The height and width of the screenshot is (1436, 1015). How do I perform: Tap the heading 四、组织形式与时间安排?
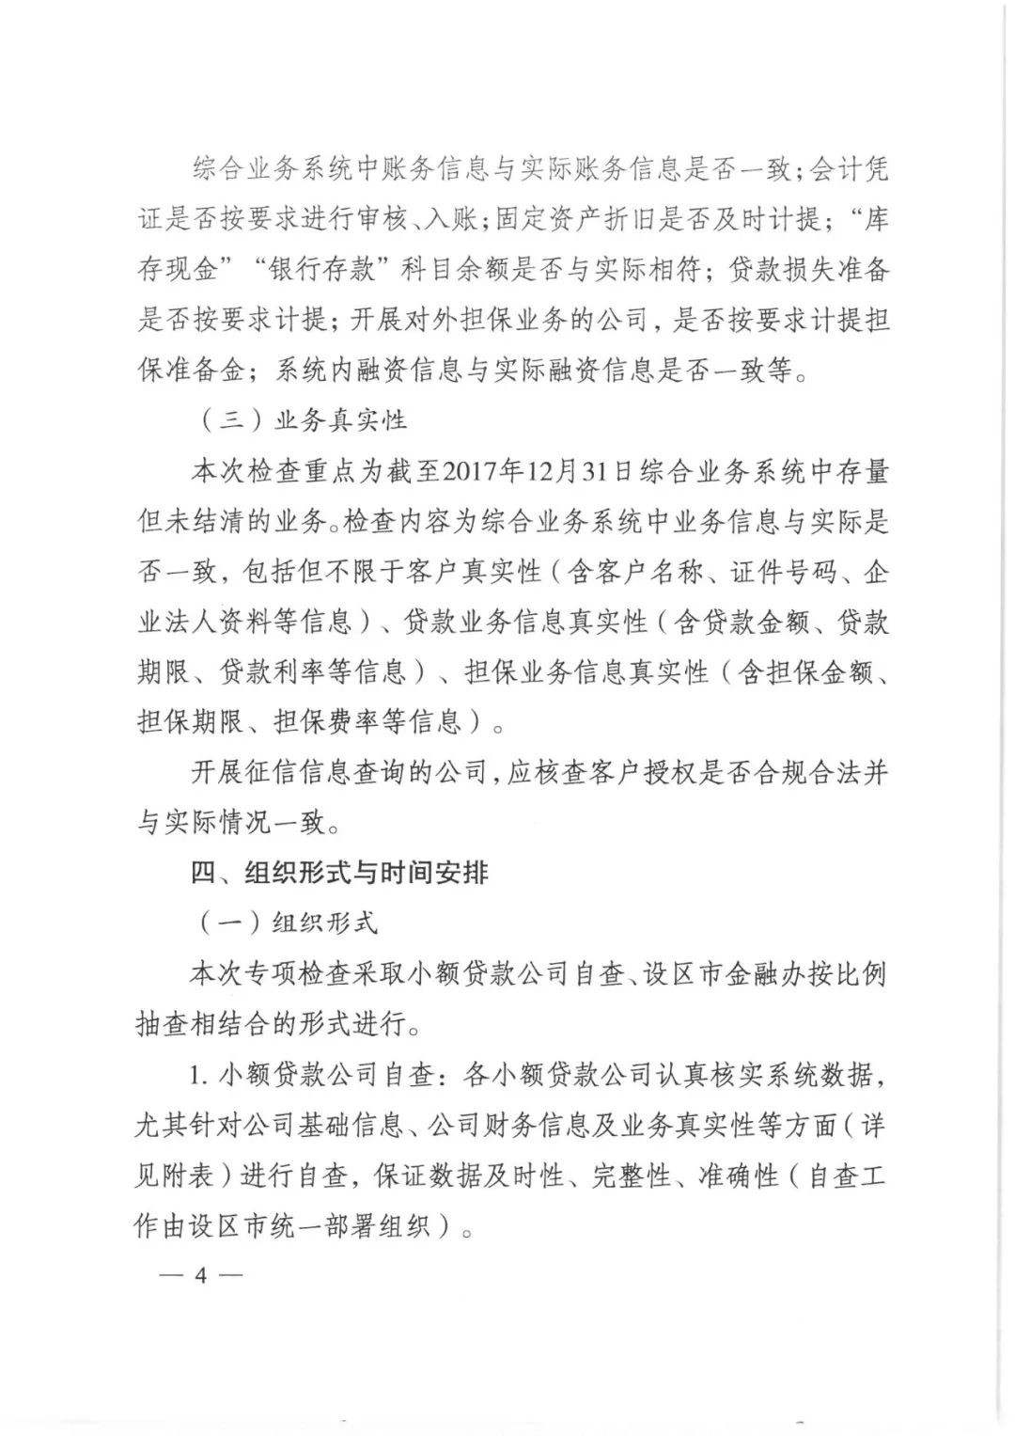pos(339,873)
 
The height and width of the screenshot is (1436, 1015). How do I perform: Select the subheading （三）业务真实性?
pos(303,419)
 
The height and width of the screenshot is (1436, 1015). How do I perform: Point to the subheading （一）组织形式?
pos(288,923)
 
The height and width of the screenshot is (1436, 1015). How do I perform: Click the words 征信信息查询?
pos(324,773)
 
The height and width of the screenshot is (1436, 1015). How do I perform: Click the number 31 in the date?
pos(590,470)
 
